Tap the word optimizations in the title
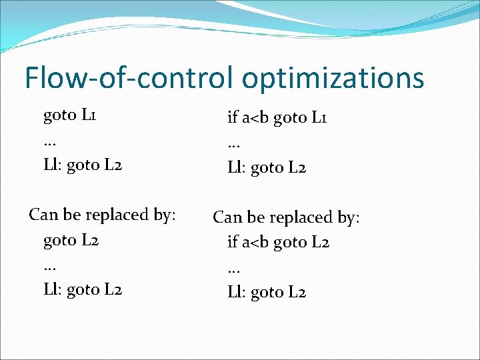tap(333, 79)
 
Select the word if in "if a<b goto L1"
tap(233, 118)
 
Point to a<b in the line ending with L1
tap(256, 119)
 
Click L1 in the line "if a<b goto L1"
tap(319, 118)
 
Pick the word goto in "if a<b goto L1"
tap(291, 119)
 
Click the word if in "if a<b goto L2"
tap(233, 241)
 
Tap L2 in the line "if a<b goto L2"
tap(321, 241)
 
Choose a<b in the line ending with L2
tap(256, 242)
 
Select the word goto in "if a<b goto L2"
tap(291, 242)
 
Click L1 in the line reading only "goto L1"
tap(90, 115)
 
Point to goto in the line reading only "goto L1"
tap(60, 115)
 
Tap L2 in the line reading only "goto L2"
tap(90, 240)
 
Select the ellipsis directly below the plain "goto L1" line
tap(49, 141)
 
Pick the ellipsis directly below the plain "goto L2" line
tap(49, 265)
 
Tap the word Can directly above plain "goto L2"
tap(43, 215)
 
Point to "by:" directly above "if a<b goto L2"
tap(347, 218)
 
